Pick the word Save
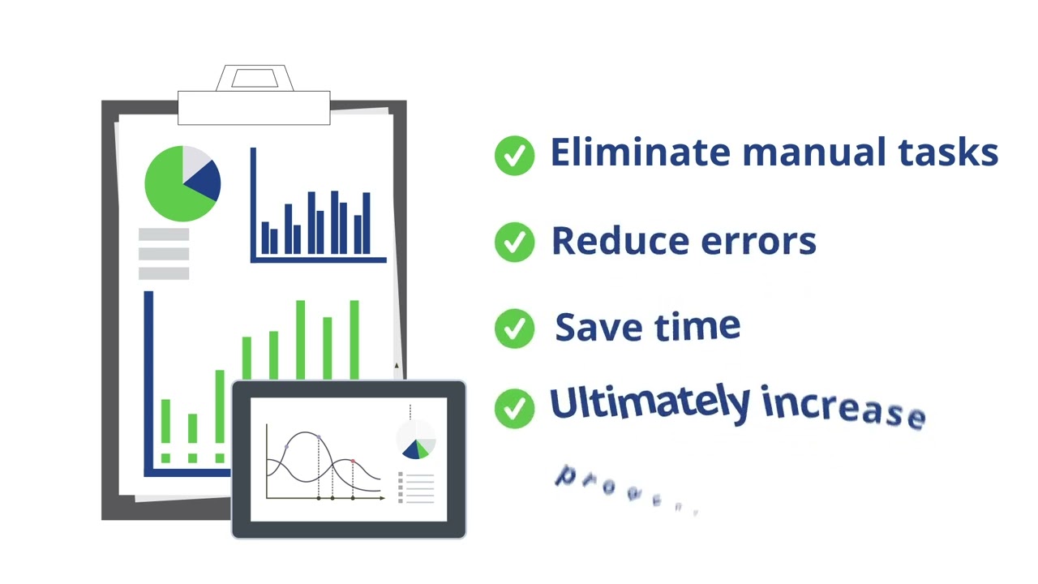[590, 327]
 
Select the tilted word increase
[843, 408]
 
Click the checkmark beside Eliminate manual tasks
[514, 155]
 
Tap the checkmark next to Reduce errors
[514, 242]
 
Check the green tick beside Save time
[514, 328]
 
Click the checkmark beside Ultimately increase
[514, 408]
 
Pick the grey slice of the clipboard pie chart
[195, 158]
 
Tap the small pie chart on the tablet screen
[416, 440]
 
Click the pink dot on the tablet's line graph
[353, 461]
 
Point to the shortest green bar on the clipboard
[192, 428]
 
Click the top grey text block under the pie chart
[164, 234]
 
